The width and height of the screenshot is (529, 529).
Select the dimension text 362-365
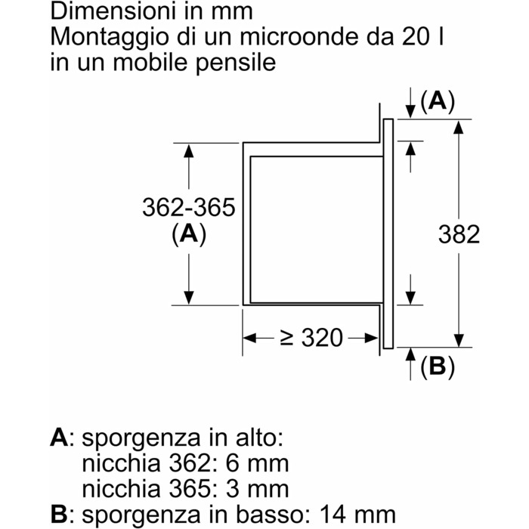[189, 206]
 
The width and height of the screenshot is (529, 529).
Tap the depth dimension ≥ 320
[311, 338]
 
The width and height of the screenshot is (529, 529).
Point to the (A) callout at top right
[437, 101]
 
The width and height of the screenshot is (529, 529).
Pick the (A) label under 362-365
[189, 235]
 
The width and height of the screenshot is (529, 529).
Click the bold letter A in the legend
[59, 438]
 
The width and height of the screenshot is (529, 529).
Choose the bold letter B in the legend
[59, 516]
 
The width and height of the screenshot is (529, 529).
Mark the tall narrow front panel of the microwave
[388, 234]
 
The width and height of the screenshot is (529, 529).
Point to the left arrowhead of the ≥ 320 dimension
[249, 338]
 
